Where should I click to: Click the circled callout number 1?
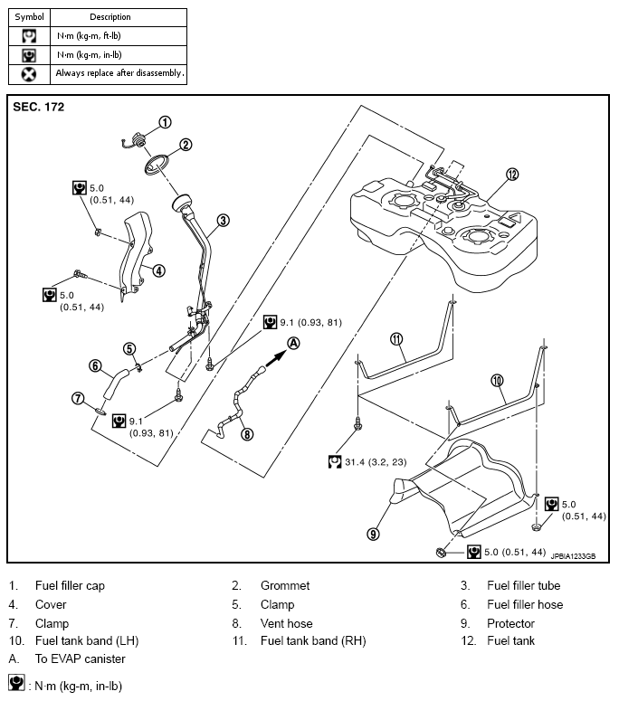tap(165, 122)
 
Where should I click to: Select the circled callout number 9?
tap(373, 534)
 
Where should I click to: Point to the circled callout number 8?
tap(247, 434)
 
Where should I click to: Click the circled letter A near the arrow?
tap(293, 342)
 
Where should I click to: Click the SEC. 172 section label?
tap(38, 107)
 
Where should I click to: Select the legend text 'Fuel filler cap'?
tap(70, 586)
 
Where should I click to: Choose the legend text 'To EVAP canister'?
tap(81, 659)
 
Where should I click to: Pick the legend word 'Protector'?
tap(510, 623)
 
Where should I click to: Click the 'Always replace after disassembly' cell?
tap(119, 72)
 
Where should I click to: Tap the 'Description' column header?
tap(110, 16)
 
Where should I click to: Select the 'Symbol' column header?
tap(29, 16)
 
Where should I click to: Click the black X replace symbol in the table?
tap(29, 72)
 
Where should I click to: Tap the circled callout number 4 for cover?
tap(158, 270)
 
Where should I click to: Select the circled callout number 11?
tap(395, 338)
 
